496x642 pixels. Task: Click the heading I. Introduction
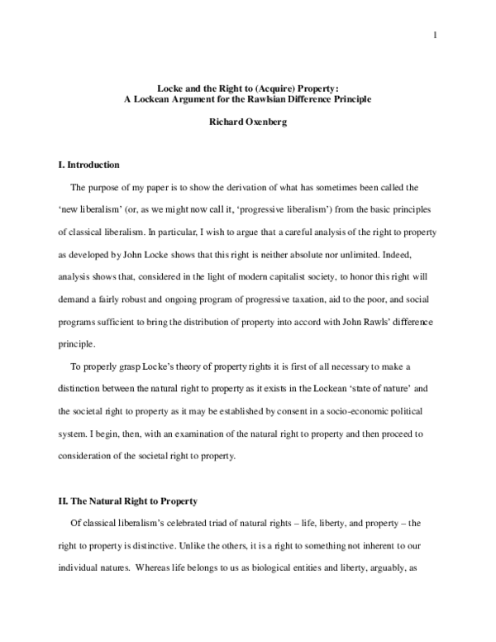click(84, 165)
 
